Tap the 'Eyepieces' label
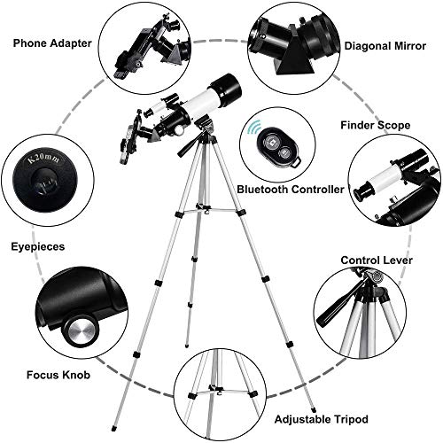(36, 237)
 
